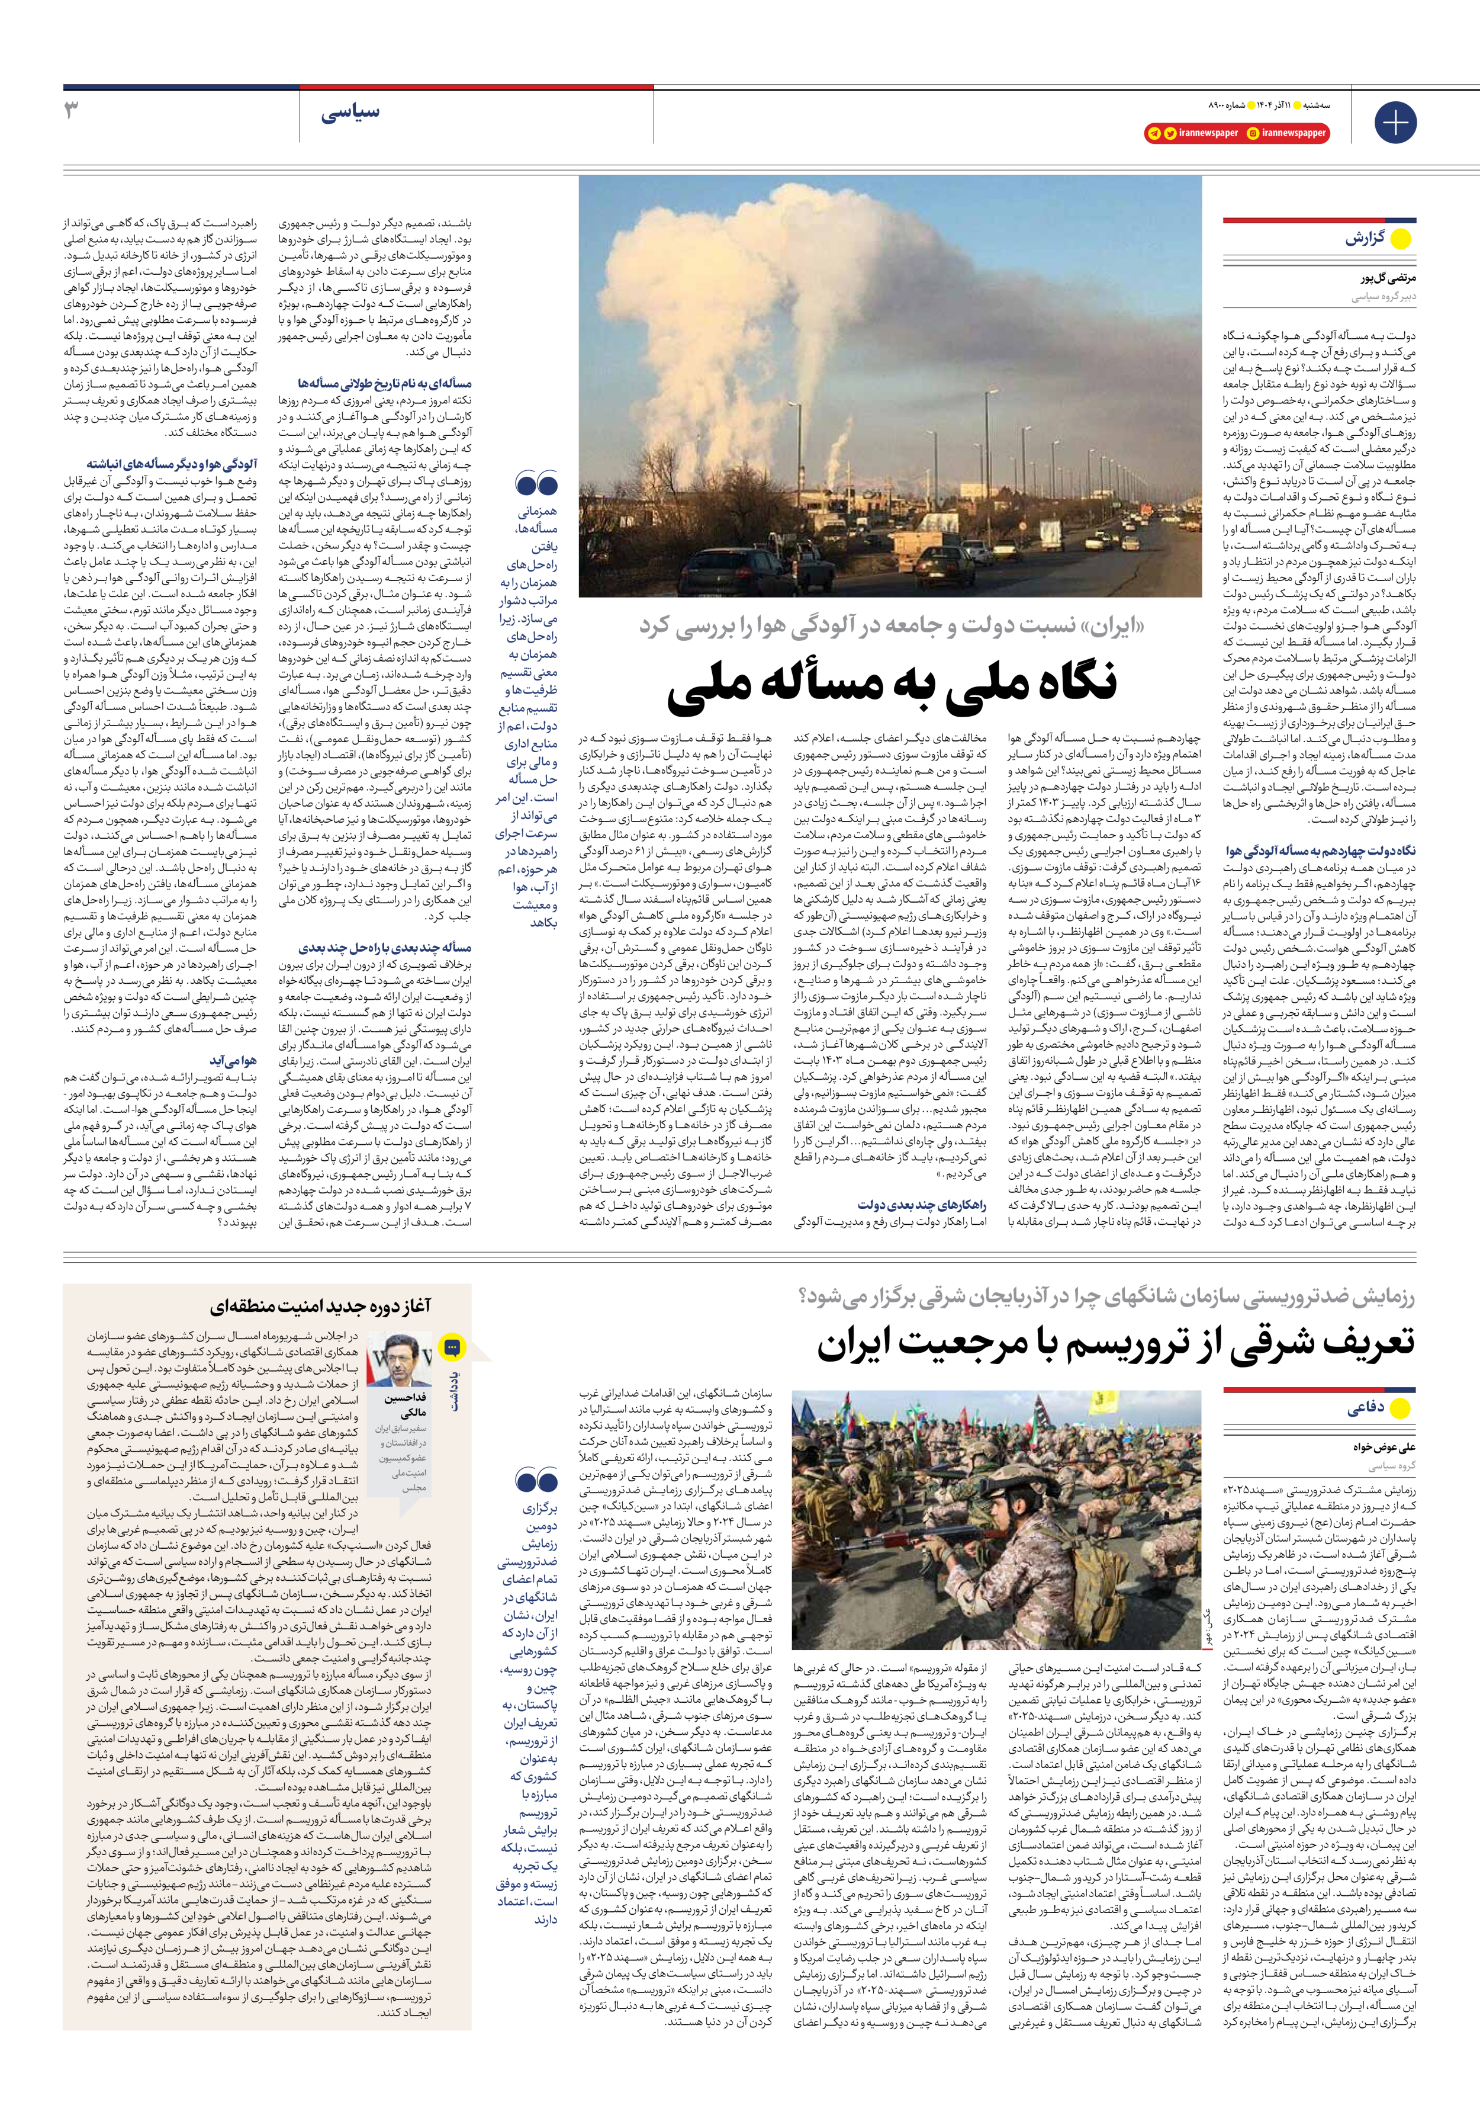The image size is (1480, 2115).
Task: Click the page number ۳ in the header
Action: (x=71, y=111)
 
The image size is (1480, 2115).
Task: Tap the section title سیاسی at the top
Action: (x=350, y=113)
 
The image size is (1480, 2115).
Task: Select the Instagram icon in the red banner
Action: (x=1253, y=133)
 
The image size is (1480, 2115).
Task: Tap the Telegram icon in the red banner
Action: (x=1153, y=133)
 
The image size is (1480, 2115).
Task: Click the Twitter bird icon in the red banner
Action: (x=1170, y=133)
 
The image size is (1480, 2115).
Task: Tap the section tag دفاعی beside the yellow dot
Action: (x=1365, y=1408)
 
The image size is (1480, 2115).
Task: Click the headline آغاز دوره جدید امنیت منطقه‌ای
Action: (x=320, y=1305)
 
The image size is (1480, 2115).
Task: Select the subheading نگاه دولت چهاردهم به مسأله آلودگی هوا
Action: (x=1320, y=851)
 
